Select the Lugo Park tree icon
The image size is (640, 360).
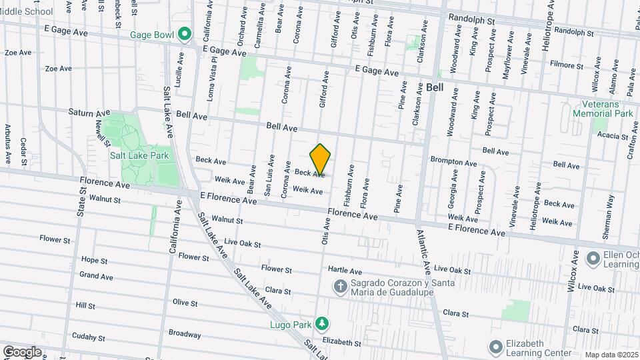(x=323, y=323)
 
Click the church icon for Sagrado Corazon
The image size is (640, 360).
(x=340, y=287)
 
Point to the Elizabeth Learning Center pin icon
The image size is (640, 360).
(x=495, y=347)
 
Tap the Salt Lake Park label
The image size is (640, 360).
(x=139, y=155)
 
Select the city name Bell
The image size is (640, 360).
(x=435, y=87)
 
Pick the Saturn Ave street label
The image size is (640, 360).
(x=86, y=112)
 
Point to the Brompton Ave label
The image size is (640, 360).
(x=453, y=162)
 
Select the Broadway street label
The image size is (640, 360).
(x=185, y=334)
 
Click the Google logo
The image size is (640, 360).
(x=22, y=351)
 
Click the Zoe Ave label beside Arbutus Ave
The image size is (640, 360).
(x=18, y=52)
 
